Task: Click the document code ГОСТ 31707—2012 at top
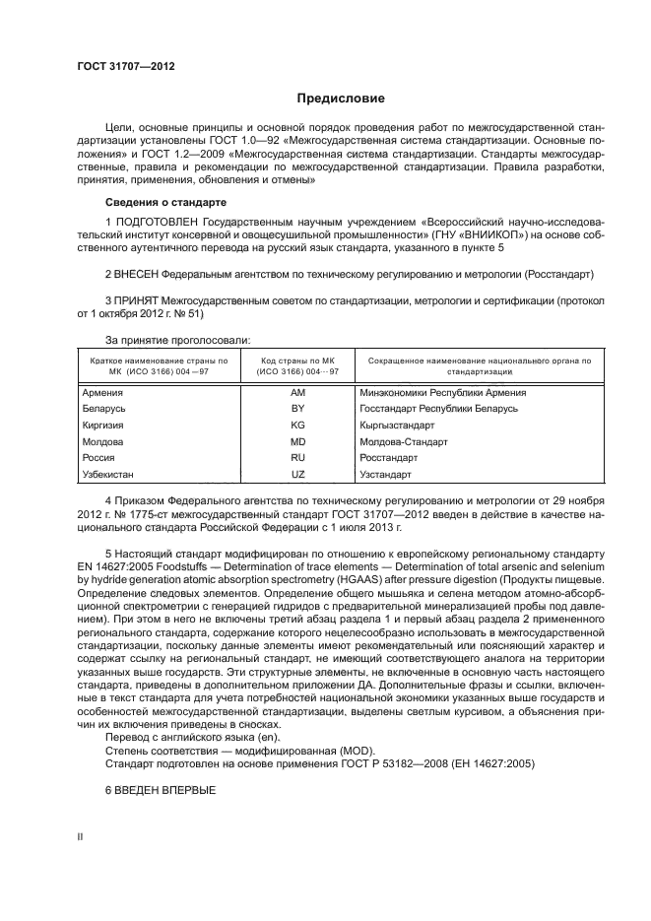point(126,68)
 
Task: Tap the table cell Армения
point(103,392)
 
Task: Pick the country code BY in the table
point(298,409)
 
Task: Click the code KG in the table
point(298,426)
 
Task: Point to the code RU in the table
point(298,458)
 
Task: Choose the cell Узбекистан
point(110,475)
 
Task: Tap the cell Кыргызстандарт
point(398,426)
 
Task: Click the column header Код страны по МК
point(298,361)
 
